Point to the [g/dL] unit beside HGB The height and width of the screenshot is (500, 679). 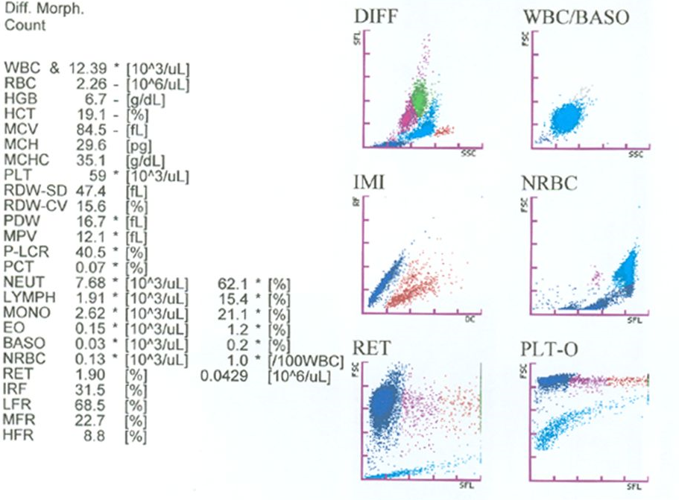click(x=145, y=98)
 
